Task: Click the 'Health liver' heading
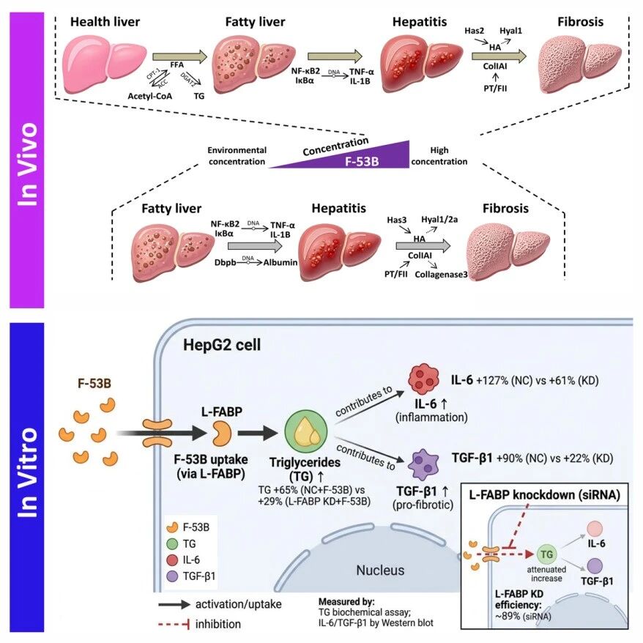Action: point(105,22)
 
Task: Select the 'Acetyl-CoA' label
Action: point(149,96)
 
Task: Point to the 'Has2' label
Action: point(474,31)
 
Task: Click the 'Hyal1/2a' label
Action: point(439,220)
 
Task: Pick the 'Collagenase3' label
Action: point(441,275)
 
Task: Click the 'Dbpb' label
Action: point(225,262)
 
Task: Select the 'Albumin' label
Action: point(280,262)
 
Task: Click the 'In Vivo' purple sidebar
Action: point(26,160)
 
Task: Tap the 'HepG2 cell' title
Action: point(222,345)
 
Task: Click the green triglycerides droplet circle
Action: point(306,432)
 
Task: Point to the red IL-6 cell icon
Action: point(423,379)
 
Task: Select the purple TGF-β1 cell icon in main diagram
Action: point(423,464)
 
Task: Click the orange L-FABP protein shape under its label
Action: point(221,433)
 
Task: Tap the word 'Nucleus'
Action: point(380,570)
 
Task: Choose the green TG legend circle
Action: point(173,543)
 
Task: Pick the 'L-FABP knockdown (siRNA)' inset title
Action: point(545,495)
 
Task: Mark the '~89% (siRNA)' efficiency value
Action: point(523,616)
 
